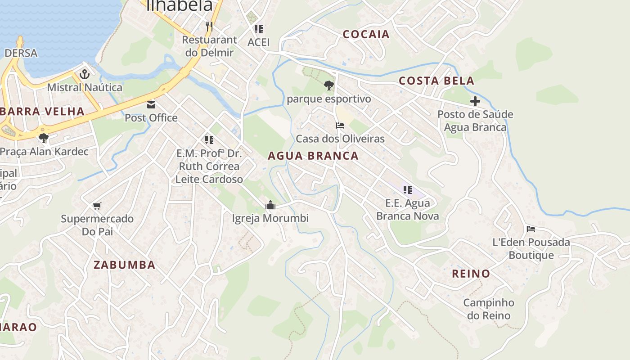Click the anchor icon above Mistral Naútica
click(85, 74)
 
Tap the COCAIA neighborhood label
click(366, 34)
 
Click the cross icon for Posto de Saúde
click(475, 101)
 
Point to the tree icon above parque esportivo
click(329, 85)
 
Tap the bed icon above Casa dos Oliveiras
click(340, 126)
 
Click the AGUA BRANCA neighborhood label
click(313, 156)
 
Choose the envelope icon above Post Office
click(151, 105)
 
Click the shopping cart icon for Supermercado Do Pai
click(97, 206)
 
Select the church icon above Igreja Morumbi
click(270, 205)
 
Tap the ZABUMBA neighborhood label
click(124, 265)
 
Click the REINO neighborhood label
click(471, 274)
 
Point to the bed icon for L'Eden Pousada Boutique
click(531, 229)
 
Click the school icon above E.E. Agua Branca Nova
click(407, 190)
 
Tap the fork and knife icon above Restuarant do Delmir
click(209, 27)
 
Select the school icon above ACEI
click(259, 29)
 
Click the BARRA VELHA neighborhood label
click(43, 112)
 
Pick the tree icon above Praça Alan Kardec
click(44, 138)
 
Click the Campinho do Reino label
click(489, 309)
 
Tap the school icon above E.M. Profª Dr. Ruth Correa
click(209, 140)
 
